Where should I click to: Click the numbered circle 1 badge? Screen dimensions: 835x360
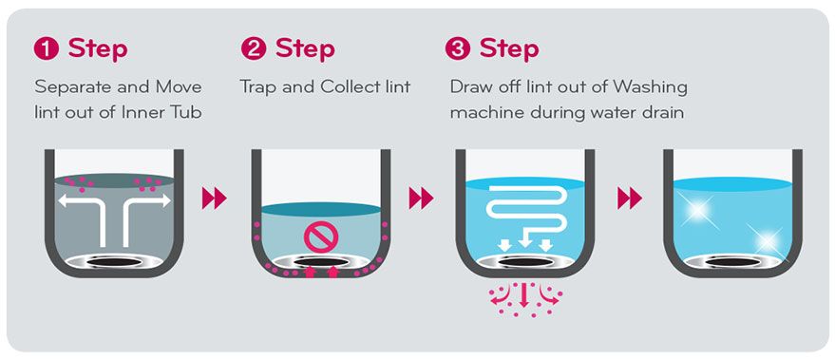pos(47,49)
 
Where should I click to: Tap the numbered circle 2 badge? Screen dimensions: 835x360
pos(254,49)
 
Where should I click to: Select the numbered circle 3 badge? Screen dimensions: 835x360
pos(458,49)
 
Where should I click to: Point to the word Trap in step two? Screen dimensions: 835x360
pos(257,87)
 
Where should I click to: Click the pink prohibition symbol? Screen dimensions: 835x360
pos(317,237)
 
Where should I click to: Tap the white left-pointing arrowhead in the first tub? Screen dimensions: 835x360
pos(64,200)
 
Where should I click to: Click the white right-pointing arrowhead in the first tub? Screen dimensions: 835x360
pos(164,200)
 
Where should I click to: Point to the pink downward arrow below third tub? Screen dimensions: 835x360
pos(523,294)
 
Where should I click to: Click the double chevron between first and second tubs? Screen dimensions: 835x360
pos(214,199)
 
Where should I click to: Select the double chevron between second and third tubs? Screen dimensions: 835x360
pos(421,199)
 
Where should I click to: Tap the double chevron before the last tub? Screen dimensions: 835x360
pos(630,199)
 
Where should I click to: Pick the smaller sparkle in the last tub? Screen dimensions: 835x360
pos(767,241)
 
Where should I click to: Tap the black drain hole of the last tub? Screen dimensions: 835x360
pos(732,262)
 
